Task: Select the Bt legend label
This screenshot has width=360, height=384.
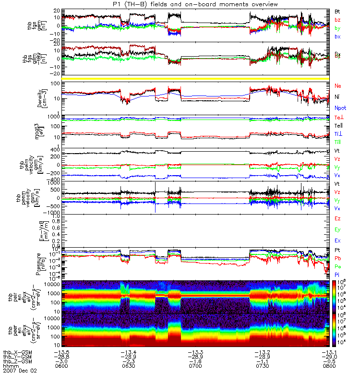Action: (338, 11)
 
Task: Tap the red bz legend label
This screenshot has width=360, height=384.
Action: (338, 20)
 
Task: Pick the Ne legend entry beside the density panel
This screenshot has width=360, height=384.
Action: (338, 86)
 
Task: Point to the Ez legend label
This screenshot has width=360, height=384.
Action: (338, 218)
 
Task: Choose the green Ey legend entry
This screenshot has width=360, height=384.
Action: (338, 229)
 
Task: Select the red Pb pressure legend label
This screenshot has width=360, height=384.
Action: (338, 258)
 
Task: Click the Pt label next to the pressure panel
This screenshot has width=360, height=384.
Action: (338, 251)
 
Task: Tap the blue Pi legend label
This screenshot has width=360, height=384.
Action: (338, 274)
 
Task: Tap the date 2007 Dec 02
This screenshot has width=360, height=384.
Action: (20, 371)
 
